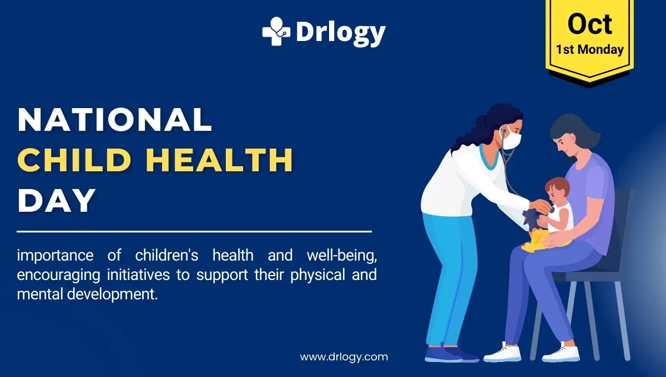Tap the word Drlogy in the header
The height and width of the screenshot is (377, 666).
[x=340, y=33]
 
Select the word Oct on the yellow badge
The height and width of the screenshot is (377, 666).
[x=589, y=24]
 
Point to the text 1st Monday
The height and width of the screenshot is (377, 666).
[x=589, y=49]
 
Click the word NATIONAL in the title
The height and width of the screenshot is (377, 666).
[x=115, y=119]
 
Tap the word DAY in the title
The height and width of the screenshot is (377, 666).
[x=56, y=200]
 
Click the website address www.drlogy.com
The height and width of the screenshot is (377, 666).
[x=344, y=356]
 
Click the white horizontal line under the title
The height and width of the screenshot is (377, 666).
[x=194, y=231]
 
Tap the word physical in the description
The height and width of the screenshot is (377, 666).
[x=321, y=275]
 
